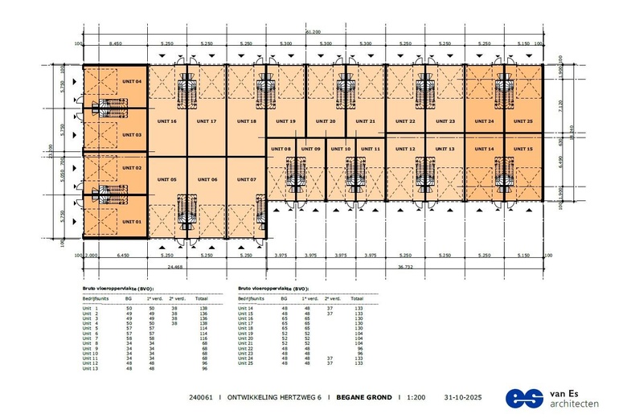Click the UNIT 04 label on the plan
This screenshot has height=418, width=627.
coord(132,82)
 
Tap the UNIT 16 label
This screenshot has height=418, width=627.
coord(167,121)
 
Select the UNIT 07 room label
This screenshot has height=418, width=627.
coord(247,178)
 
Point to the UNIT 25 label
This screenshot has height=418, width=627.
coord(524,121)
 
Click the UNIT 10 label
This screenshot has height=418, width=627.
coord(342,149)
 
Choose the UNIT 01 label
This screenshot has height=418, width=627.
coord(132,221)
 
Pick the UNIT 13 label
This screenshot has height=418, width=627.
coord(445,149)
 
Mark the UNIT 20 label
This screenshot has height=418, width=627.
coord(326,121)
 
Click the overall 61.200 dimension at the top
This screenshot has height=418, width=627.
coord(313,31)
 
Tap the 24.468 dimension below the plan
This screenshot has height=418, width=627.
coord(174,265)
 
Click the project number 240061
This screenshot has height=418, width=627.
coord(201,397)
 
